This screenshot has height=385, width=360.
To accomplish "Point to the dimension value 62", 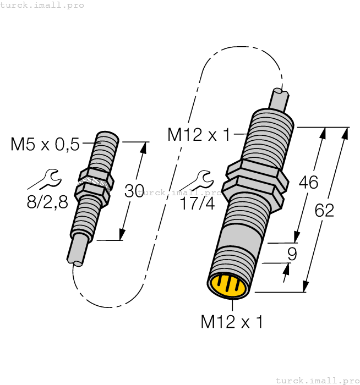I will click(325, 210).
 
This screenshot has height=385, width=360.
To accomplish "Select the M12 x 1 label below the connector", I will click(231, 322).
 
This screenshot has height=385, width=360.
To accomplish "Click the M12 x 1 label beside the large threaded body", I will click(199, 134).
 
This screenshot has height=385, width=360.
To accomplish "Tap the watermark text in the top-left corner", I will click(42, 5).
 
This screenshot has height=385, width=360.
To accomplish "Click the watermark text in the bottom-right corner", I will click(317, 380).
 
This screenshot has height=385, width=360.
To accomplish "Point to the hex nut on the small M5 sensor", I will click(94, 182).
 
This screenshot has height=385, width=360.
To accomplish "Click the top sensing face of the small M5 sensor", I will click(107, 135).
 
